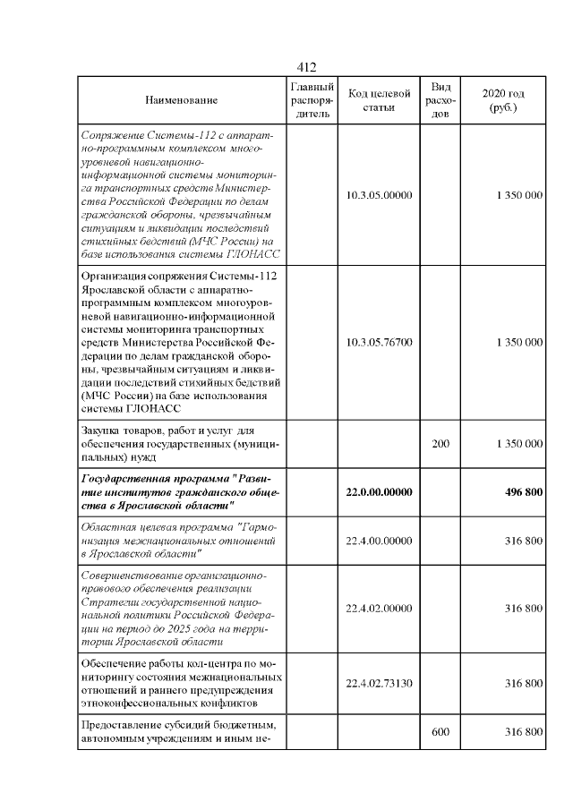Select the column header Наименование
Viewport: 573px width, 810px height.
pos(182,100)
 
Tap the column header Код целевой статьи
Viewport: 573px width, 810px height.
pos(379,100)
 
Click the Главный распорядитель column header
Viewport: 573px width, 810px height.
pos(312,100)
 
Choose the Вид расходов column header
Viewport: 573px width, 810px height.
pos(440,100)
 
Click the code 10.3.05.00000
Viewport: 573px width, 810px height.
pos(379,194)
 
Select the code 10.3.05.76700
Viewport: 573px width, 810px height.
pos(379,342)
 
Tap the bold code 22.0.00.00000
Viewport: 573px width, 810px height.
pos(379,491)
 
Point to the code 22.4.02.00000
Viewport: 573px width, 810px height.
pos(379,609)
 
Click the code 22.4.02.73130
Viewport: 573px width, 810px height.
pos(379,684)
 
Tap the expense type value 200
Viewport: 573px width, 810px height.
pos(440,443)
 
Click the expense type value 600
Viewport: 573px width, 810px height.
pos(440,732)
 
